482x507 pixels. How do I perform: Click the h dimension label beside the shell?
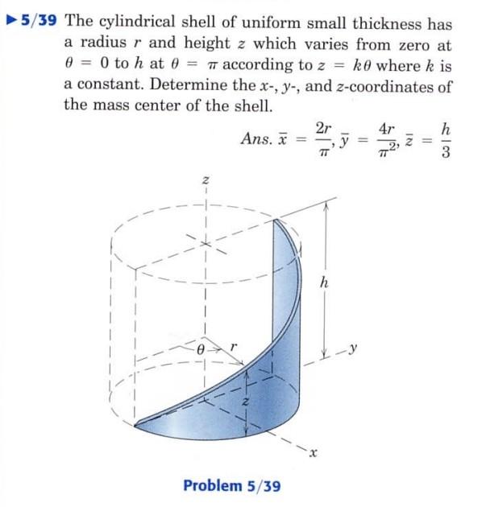(x=324, y=282)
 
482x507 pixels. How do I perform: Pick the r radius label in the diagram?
(x=233, y=347)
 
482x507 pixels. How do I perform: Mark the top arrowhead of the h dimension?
(x=324, y=204)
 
